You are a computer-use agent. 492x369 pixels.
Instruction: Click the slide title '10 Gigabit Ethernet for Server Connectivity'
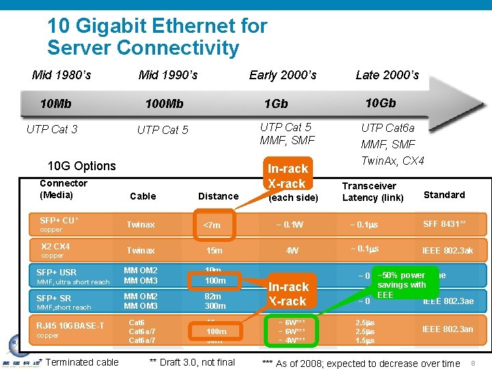coord(156,38)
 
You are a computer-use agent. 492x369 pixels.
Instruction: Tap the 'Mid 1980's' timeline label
coord(61,74)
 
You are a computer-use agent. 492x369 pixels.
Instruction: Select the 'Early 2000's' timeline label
coord(282,75)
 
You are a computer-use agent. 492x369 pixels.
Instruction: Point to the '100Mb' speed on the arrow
coord(164,104)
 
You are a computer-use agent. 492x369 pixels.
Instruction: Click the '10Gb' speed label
coord(380,103)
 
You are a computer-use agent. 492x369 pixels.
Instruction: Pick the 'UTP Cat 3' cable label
coord(52,129)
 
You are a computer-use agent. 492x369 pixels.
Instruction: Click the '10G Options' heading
coord(81,166)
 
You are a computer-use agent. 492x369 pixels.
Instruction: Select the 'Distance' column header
coord(218,196)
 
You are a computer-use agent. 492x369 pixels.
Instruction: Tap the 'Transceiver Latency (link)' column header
coord(372,191)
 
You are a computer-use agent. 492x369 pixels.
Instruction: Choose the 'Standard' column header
coord(444,195)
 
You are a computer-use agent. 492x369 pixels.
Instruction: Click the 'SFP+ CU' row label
coord(59,221)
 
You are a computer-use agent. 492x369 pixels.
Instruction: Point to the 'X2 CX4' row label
coord(55,247)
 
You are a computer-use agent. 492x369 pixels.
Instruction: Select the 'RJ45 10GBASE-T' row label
coord(71,325)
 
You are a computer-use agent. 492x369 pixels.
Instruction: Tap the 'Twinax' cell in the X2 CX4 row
coord(140,251)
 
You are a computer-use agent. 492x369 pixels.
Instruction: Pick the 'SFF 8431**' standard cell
coord(444,224)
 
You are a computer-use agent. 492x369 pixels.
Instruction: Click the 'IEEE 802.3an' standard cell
coord(448,329)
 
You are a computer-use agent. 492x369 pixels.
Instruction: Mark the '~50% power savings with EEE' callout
coord(401,285)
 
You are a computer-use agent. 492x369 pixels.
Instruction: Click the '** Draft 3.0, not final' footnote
coord(191,362)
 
